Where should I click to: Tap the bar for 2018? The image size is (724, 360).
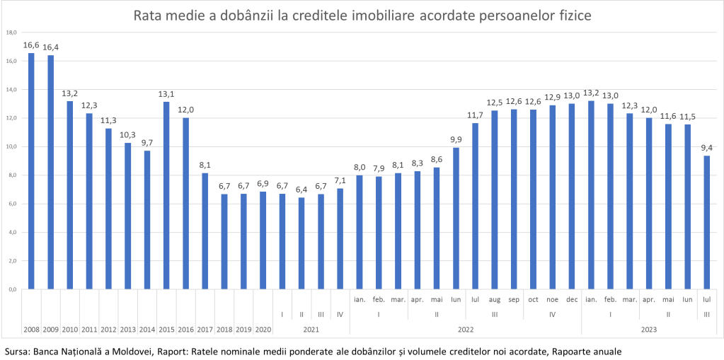224,241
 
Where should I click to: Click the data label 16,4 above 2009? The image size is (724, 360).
50,47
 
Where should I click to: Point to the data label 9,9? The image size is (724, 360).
456,139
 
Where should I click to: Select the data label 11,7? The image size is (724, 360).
475,115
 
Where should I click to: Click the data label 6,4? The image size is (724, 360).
301,190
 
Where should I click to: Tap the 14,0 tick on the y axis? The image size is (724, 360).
11,90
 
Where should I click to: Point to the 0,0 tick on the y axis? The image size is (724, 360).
11,289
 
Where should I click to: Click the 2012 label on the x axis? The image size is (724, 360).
108,330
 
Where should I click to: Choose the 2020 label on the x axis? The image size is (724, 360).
263,330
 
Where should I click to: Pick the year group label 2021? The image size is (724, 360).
311,330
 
